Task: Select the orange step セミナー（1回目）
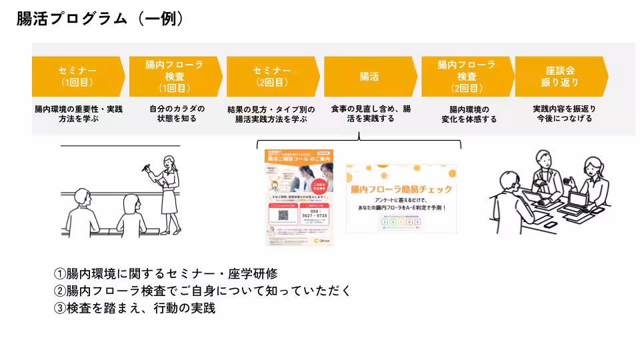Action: pyautogui.click(x=77, y=76)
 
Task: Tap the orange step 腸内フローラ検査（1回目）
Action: pyautogui.click(x=174, y=76)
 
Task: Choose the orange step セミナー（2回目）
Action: pyautogui.click(x=271, y=76)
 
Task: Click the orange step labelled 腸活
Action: pyautogui.click(x=369, y=76)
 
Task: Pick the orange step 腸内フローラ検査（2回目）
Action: pyautogui.click(x=466, y=76)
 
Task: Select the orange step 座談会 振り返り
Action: pyautogui.click(x=559, y=76)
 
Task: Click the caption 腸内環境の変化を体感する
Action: pyautogui.click(x=469, y=114)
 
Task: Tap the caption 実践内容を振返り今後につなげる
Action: pyautogui.click(x=564, y=113)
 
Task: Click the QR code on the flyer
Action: pyautogui.click(x=283, y=217)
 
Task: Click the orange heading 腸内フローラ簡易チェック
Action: pyautogui.click(x=401, y=189)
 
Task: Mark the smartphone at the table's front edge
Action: pyautogui.click(x=550, y=225)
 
